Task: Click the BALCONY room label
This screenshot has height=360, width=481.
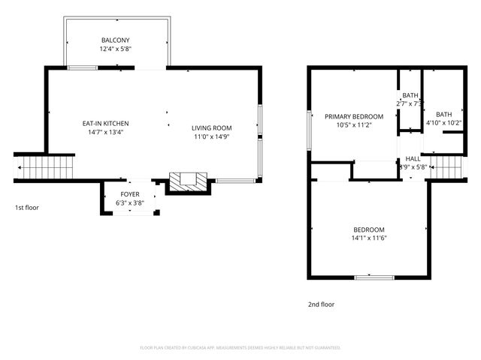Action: [x=116, y=40]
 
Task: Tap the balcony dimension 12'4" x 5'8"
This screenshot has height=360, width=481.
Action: [x=116, y=49]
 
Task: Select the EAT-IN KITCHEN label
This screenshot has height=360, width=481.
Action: [x=105, y=123]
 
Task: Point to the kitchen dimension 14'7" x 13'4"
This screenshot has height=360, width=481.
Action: [x=105, y=133]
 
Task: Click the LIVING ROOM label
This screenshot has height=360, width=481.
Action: [x=211, y=127]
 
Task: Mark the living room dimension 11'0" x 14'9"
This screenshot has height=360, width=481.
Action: [x=211, y=137]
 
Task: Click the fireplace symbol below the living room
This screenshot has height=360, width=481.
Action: [x=187, y=181]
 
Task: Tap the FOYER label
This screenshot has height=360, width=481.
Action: [x=130, y=194]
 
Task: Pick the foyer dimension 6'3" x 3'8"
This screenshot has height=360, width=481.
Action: [x=130, y=203]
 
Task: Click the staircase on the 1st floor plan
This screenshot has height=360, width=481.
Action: [x=46, y=166]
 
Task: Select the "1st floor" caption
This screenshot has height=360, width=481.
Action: [x=26, y=207]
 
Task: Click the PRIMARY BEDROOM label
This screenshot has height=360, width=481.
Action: [x=353, y=116]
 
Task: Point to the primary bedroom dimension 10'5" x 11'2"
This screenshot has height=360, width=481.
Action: [x=353, y=126]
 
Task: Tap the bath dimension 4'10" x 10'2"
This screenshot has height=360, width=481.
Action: [x=444, y=123]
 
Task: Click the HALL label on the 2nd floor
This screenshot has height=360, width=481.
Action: [x=413, y=159]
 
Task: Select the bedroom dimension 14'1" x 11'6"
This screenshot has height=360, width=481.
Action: [x=369, y=238]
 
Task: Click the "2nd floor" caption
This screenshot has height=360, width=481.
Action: [x=321, y=304]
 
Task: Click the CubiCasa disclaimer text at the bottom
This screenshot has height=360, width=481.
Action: [x=240, y=348]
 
